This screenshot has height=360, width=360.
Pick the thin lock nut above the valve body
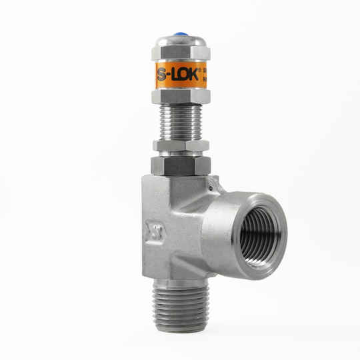(181, 145)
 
